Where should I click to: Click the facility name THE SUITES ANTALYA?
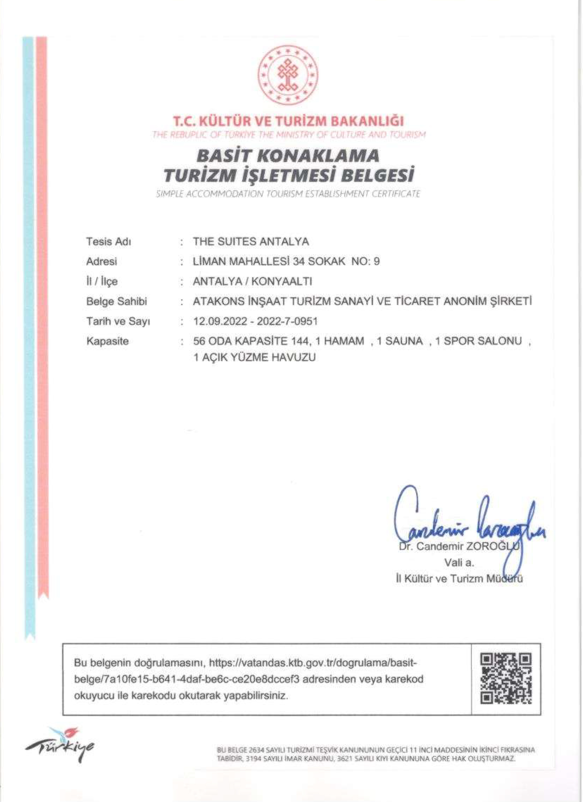(x=251, y=242)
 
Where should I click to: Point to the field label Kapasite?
(x=107, y=342)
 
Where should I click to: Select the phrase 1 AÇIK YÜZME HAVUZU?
(x=254, y=357)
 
